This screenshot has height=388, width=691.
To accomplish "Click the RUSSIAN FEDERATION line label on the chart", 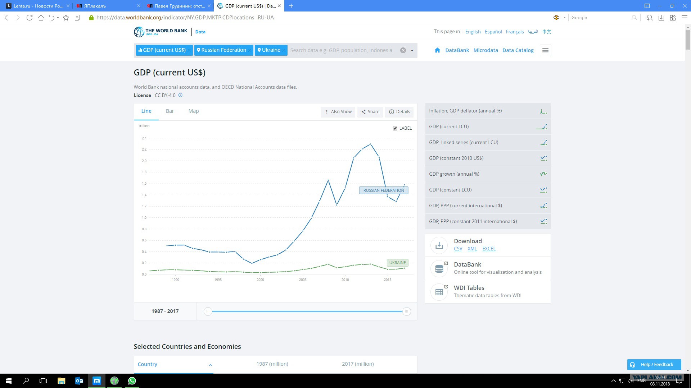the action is point(384,190).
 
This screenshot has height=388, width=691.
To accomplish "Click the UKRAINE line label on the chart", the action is point(397,263).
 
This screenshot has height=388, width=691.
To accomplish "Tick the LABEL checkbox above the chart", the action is point(395,128).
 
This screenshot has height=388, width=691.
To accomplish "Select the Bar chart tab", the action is point(170,111).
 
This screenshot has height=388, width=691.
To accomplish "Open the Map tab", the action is point(194,111).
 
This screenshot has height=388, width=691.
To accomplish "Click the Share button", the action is point(370,112).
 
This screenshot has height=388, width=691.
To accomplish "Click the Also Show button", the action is point(338,112).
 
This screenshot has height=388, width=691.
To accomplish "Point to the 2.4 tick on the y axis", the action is point(144,138).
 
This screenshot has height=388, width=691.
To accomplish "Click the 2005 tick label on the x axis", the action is point(303,280).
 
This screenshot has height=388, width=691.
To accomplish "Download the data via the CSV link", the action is point(458,249).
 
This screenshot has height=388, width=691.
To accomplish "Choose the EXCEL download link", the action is point(489,249).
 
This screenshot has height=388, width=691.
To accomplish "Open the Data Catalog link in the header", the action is point(518,50).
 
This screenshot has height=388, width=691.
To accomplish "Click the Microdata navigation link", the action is point(485,50).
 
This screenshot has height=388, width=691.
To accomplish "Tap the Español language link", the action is point(493,32).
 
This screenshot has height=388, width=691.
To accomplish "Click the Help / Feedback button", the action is point(654,364).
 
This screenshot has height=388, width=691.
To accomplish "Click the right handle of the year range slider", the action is point(406,311).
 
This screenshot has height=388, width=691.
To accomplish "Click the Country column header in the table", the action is point(147,364).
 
